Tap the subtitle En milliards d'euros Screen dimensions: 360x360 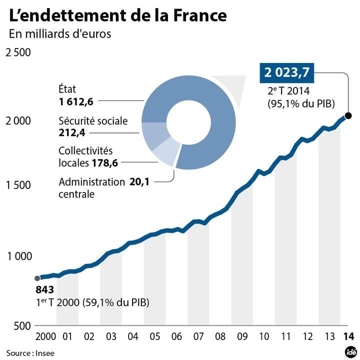pos(59,34)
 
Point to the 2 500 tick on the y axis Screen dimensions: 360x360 pos(17,52)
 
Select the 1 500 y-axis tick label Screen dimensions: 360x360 pos(17,185)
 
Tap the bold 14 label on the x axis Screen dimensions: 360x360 pos(348,335)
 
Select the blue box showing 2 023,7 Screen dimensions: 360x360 pos(286,73)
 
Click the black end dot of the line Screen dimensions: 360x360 pos(348,116)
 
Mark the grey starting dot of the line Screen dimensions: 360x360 pos(37,278)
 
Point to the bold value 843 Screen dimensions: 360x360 pos(44,290)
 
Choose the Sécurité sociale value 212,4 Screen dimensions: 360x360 pos(72,132)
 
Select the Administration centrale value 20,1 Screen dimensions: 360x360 pos(139,182)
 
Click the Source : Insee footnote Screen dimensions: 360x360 pos(30,353)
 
